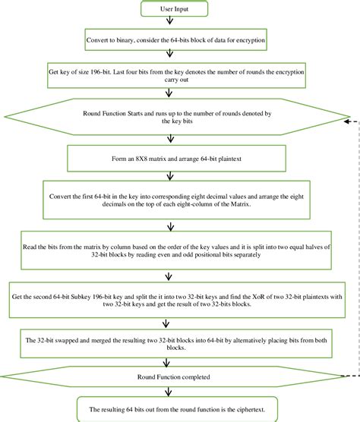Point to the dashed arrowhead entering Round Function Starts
[x=346, y=119]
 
